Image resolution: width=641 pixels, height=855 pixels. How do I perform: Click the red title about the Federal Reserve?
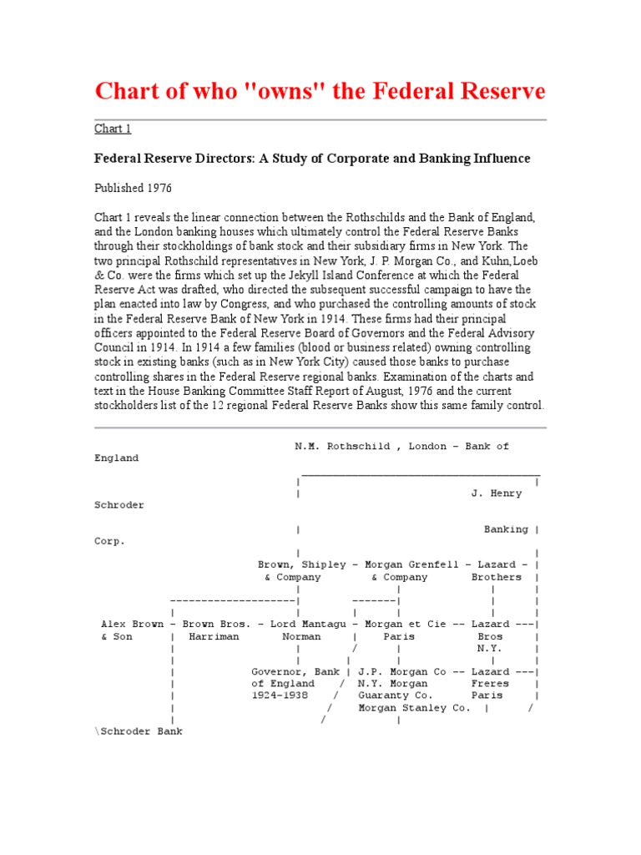[320, 91]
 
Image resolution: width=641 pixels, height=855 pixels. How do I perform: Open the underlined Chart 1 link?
[113, 129]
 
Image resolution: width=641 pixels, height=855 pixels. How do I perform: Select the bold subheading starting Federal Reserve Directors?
[312, 158]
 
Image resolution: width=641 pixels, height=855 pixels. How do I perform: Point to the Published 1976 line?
[133, 188]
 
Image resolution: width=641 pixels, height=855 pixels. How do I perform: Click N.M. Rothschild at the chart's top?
[341, 447]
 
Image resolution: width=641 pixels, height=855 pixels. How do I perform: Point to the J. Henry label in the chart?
[497, 493]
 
